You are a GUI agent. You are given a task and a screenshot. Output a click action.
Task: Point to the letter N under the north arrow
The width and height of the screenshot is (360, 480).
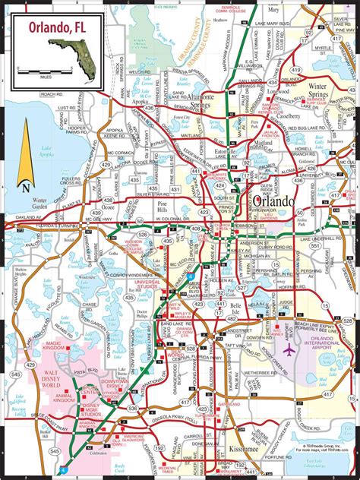pyautogui.click(x=26, y=186)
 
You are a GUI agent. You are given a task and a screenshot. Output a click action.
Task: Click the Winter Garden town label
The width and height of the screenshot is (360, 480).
pyautogui.click(x=46, y=204)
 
